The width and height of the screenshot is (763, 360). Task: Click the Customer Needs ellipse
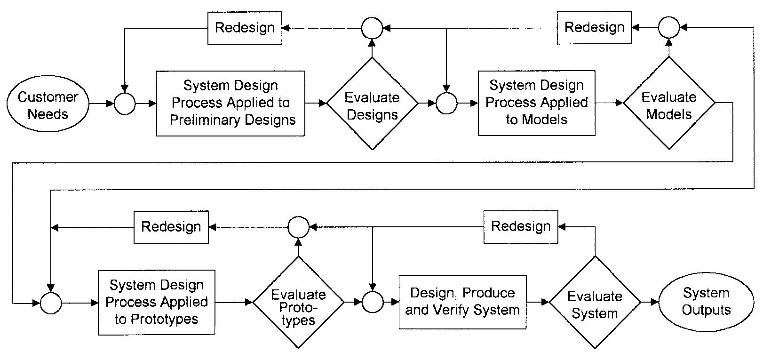[48, 105]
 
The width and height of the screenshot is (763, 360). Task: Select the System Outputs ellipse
[706, 302]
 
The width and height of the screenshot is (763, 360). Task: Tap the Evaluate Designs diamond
[372, 104]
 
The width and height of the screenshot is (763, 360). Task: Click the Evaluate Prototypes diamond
[298, 303]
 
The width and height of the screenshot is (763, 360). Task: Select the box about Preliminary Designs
[230, 104]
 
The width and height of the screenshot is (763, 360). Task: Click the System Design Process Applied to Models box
[536, 103]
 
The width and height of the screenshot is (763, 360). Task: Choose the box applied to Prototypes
[156, 302]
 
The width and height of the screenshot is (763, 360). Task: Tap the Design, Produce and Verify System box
[462, 302]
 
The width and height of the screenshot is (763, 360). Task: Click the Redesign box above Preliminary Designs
[245, 28]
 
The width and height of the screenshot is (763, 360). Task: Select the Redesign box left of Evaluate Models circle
[594, 27]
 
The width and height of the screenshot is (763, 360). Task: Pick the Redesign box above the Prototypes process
[171, 227]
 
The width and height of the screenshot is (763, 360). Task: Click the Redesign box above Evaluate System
[521, 227]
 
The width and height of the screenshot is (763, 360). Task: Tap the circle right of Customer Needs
[125, 104]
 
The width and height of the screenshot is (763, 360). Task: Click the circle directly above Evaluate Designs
[372, 28]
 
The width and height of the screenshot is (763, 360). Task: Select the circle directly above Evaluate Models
[668, 27]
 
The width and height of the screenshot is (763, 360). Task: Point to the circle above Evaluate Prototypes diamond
[298, 227]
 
